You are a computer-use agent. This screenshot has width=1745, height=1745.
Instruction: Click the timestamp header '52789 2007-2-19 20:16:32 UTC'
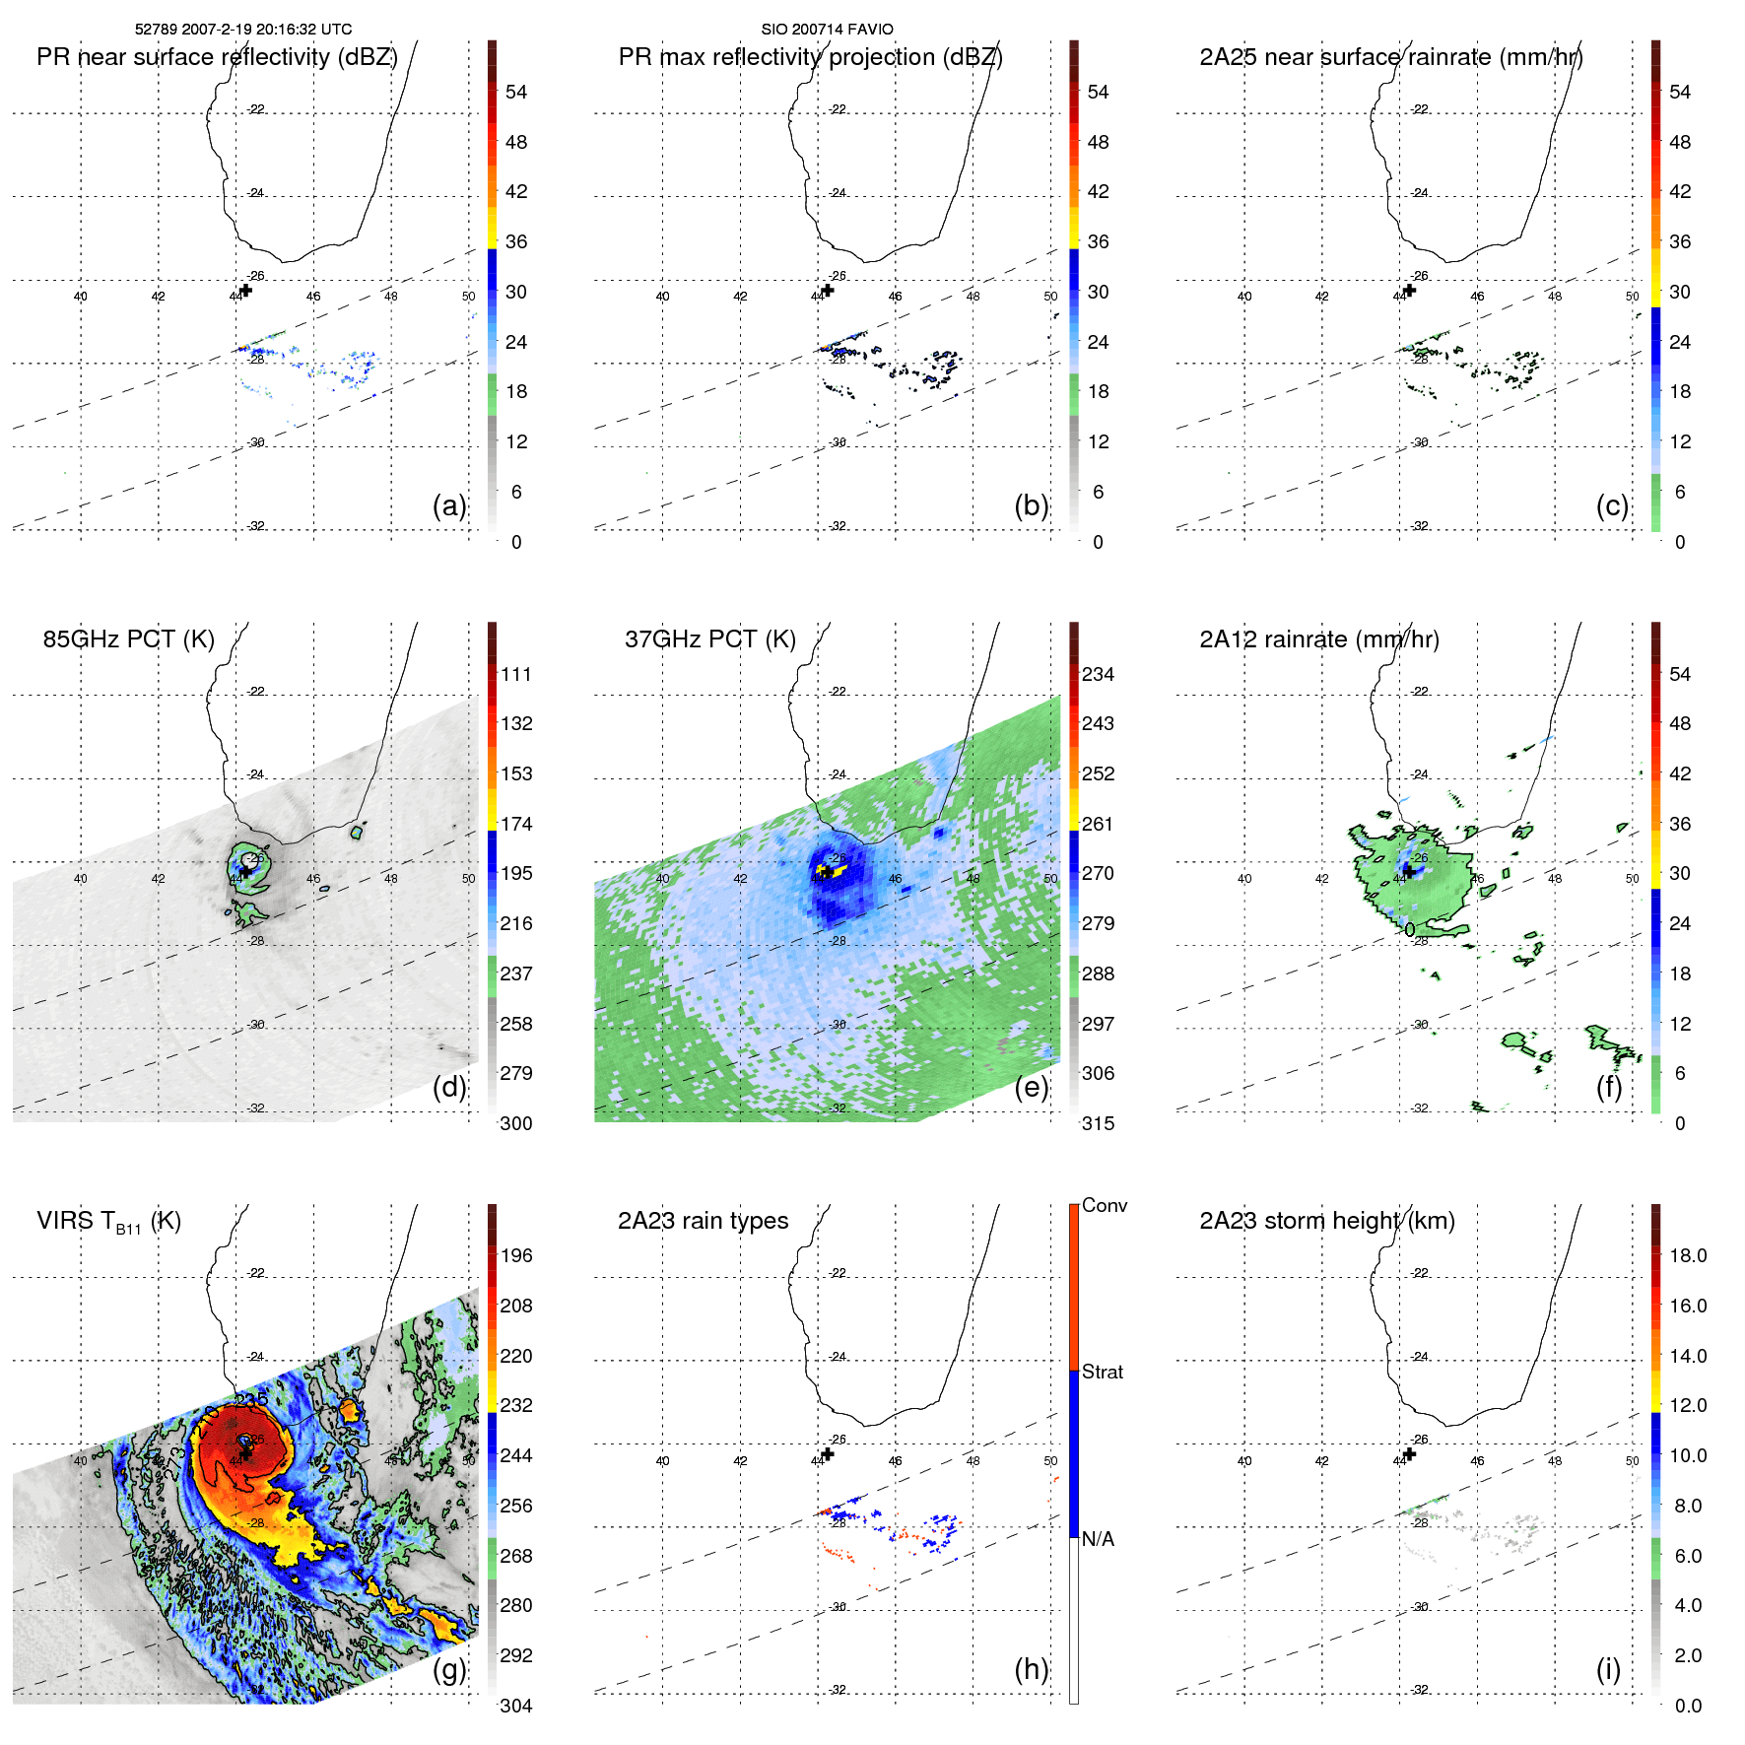[x=243, y=30]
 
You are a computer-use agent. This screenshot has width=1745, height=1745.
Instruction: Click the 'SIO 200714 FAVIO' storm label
[x=827, y=30]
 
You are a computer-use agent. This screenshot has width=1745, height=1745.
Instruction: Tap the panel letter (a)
[x=449, y=505]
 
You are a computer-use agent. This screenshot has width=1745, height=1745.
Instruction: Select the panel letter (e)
[x=1032, y=1087]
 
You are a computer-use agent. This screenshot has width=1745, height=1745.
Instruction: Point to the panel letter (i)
[x=1608, y=1669]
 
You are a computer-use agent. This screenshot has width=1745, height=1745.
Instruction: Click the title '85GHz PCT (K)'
[x=128, y=639]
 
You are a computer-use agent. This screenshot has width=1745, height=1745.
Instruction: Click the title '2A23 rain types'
[x=703, y=1221]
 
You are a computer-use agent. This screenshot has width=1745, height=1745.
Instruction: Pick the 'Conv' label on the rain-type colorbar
[x=1104, y=1206]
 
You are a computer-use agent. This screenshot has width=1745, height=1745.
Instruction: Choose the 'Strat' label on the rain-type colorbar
[x=1102, y=1372]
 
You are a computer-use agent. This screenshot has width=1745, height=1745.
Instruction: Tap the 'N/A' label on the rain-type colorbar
[x=1098, y=1539]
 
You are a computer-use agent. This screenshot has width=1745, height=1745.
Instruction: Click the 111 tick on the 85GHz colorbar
[x=516, y=675]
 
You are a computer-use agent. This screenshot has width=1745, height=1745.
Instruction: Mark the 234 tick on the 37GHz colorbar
[x=1098, y=675]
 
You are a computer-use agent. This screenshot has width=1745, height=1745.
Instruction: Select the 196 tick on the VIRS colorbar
[x=516, y=1256]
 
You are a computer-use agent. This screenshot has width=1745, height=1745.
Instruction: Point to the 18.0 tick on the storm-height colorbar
[x=1688, y=1256]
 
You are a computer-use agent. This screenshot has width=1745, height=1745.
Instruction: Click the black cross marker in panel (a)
[x=246, y=290]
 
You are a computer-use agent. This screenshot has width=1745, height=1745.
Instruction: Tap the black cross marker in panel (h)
[x=828, y=1454]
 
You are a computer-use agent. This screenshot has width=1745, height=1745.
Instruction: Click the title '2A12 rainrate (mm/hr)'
[x=1318, y=639]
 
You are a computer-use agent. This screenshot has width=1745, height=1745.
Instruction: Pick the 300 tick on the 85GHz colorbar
[x=516, y=1123]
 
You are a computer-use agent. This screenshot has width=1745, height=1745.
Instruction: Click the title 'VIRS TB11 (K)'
[x=108, y=1222]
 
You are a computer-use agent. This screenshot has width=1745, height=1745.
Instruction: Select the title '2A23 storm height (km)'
[x=1326, y=1221]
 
